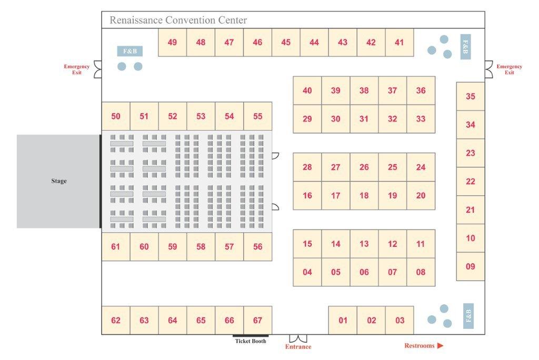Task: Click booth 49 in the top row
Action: tap(172, 42)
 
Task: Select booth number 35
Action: tap(470, 96)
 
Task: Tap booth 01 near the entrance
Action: tap(343, 320)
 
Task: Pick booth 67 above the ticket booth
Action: tap(257, 320)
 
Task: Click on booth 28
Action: tap(307, 167)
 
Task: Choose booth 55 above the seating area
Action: tap(257, 116)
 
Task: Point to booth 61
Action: tap(116, 246)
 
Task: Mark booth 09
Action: tap(470, 266)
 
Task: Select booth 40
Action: tap(307, 91)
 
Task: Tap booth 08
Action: tap(421, 272)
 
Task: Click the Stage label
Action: tap(59, 181)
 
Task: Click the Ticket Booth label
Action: tap(251, 341)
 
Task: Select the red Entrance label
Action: tap(298, 347)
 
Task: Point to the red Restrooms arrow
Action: tap(441, 346)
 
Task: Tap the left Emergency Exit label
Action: tap(77, 69)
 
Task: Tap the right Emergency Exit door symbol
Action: tap(489, 69)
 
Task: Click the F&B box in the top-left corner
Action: tap(130, 51)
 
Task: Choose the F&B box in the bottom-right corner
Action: tap(468, 316)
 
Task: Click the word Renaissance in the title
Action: tap(136, 20)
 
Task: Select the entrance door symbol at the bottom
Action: tap(298, 338)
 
